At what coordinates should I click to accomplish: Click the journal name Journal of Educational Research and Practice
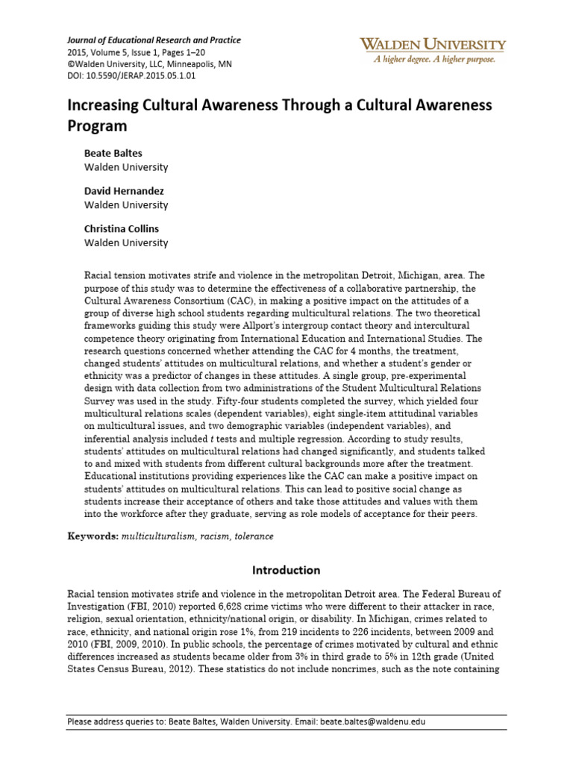[154, 40]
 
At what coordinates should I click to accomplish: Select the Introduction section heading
[286, 570]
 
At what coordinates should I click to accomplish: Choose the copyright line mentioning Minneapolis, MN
[149, 64]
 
